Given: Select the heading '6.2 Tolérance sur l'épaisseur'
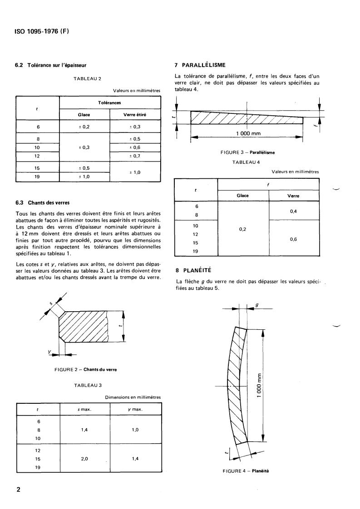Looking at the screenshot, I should click(x=51, y=65).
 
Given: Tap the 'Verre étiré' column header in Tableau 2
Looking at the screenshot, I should click(x=135, y=115).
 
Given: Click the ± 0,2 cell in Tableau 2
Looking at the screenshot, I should click(x=84, y=127).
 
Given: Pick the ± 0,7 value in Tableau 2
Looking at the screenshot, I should click(x=135, y=156).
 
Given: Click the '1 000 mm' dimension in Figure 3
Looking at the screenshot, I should click(x=247, y=134).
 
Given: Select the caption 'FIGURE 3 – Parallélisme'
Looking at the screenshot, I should click(x=247, y=152).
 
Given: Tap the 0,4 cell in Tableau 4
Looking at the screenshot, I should click(x=294, y=211).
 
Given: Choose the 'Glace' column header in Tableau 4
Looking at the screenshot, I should click(x=243, y=196).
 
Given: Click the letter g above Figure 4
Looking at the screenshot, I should click(x=257, y=305).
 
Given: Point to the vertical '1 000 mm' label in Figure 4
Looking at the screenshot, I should click(x=258, y=386).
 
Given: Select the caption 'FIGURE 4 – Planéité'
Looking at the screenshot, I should click(x=246, y=470).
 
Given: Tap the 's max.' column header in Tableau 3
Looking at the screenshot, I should click(x=85, y=409).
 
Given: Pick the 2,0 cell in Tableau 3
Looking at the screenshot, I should click(x=84, y=459).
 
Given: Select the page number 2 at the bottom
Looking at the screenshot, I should click(x=18, y=489).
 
